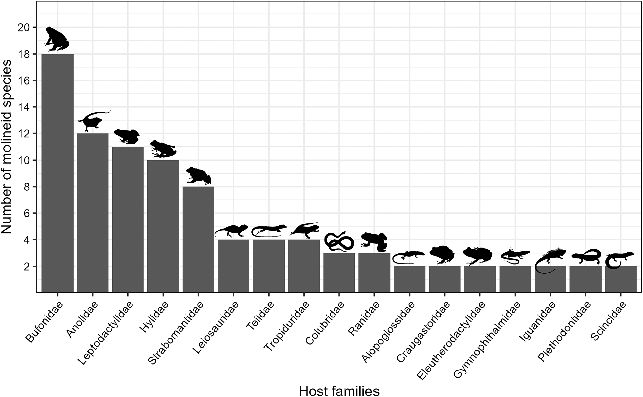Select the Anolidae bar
tap(93, 213)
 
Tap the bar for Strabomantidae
tap(198, 239)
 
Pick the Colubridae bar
tap(339, 273)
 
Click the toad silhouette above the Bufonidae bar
tap(56, 39)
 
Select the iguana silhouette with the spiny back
tap(550, 259)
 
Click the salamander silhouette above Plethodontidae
tap(586, 256)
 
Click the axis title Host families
tap(339, 390)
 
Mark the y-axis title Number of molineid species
tap(7, 147)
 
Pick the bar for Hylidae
tap(163, 226)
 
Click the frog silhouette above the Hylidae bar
tap(163, 149)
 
